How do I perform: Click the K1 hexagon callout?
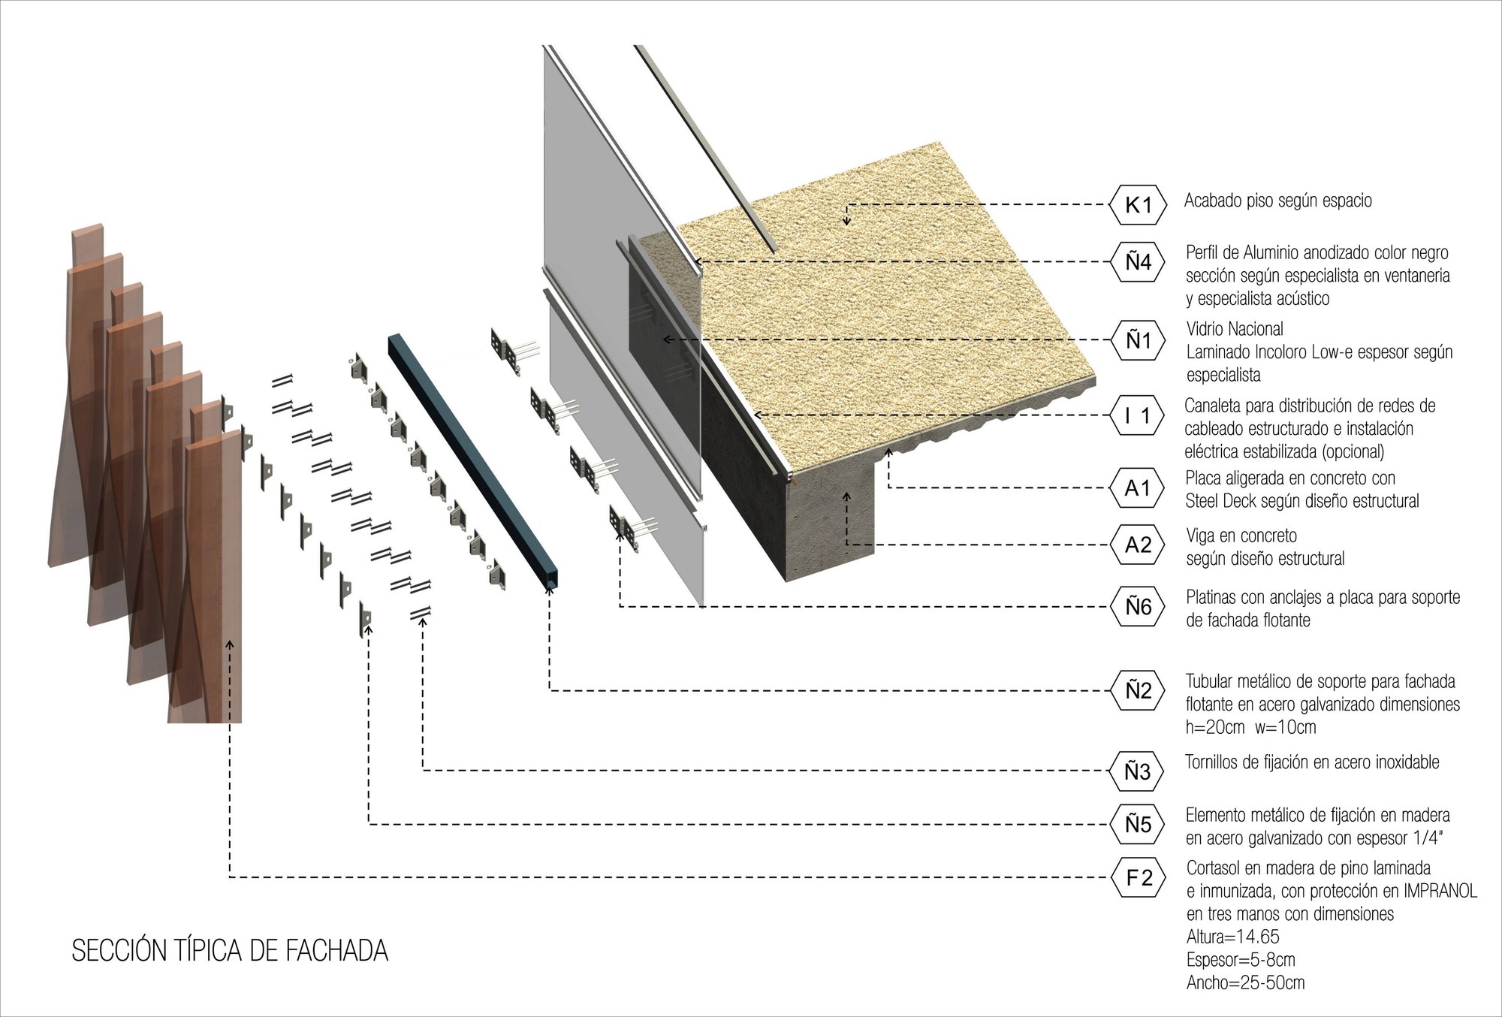point(1138,204)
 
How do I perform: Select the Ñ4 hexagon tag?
point(1138,262)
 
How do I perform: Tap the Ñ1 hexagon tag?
point(1138,340)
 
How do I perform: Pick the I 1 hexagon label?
point(1138,415)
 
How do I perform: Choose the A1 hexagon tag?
point(1138,488)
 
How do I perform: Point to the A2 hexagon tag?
point(1138,545)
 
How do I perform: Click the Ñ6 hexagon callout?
point(1138,606)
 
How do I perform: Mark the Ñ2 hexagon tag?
point(1138,690)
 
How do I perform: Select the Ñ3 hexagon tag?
point(1138,771)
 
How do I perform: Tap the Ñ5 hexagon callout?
point(1138,825)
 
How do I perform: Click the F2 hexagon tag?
point(1138,877)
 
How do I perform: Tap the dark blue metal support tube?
point(473,458)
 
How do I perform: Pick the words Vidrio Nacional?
point(1235,329)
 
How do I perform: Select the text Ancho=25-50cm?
point(1245,982)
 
